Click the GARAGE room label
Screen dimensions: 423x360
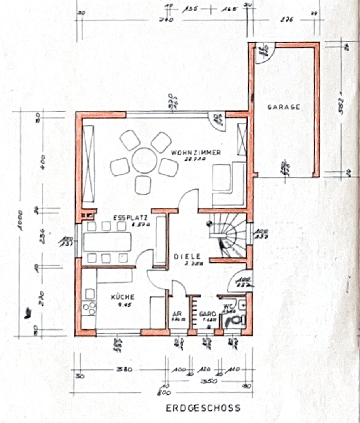(284, 107)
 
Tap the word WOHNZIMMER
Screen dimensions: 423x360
(195, 153)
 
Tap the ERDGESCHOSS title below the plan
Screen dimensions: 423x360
(203, 408)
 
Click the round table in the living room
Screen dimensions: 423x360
(144, 160)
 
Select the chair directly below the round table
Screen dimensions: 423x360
(143, 184)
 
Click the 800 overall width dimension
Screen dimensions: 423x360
(164, 392)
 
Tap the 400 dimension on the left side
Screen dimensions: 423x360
(42, 161)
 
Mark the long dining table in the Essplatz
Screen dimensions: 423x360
(107, 241)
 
